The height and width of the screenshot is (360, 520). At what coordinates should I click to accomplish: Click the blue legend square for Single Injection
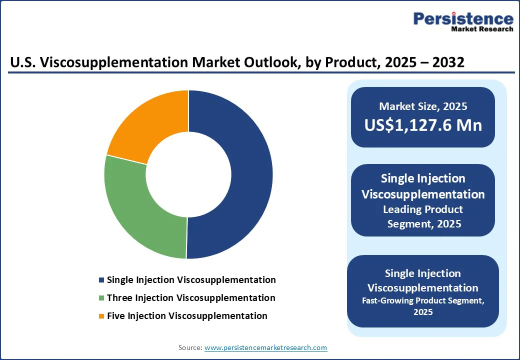coord(101,280)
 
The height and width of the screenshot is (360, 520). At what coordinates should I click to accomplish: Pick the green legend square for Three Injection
coord(101,298)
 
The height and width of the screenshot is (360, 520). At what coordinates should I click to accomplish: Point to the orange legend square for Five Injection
coord(101,316)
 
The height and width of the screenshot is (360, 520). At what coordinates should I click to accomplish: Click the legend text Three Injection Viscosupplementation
coord(191,298)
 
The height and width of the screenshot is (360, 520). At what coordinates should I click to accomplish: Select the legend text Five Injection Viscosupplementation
coord(187,316)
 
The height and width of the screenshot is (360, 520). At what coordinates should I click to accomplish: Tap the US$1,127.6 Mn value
coord(423,125)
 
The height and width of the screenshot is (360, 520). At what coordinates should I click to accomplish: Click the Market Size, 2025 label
coord(423,106)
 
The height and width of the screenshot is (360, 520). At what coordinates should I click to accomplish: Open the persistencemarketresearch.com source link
coord(265,347)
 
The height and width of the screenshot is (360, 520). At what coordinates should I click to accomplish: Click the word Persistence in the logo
coord(463,18)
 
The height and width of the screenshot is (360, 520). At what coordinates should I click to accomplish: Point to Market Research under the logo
coord(482,29)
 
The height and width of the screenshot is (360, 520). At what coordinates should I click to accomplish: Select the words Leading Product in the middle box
coord(423,209)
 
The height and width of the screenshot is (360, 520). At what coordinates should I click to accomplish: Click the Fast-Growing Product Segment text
coord(423,300)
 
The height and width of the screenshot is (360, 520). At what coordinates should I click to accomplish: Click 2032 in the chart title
coord(448,62)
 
